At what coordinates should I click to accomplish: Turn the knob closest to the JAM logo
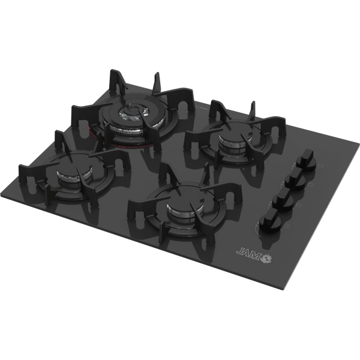point(269,221)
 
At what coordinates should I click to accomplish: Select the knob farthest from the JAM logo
point(306,160)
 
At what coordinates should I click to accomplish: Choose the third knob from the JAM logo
point(295,179)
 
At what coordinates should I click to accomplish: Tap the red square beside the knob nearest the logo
point(287,226)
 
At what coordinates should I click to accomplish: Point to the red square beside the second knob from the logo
point(298,205)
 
